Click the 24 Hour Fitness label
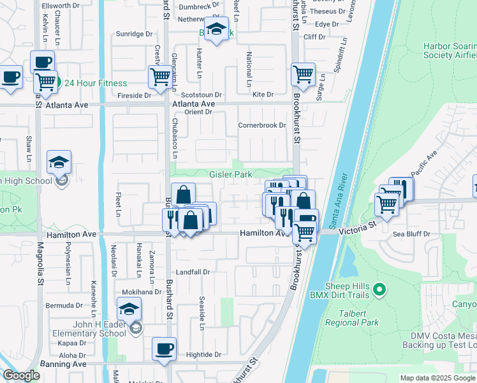(x=95, y=83)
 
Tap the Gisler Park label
(x=231, y=174)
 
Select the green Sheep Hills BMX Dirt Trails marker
(x=379, y=290)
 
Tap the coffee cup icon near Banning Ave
(x=165, y=349)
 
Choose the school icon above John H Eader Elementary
(x=129, y=310)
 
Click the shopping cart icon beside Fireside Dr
(x=160, y=77)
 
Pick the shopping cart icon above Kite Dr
(x=303, y=73)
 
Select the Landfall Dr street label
(x=193, y=272)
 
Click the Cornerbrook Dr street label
(x=261, y=125)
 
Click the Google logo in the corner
(x=21, y=375)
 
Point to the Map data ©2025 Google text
(x=437, y=378)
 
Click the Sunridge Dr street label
(x=134, y=34)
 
